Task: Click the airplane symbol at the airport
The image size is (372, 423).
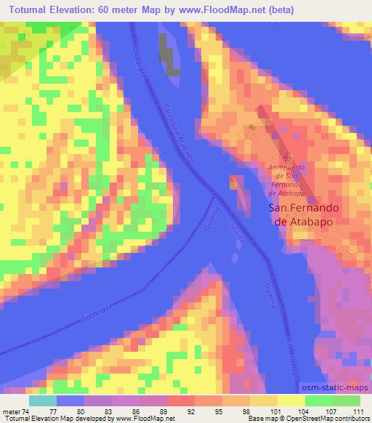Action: tap(288, 156)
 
